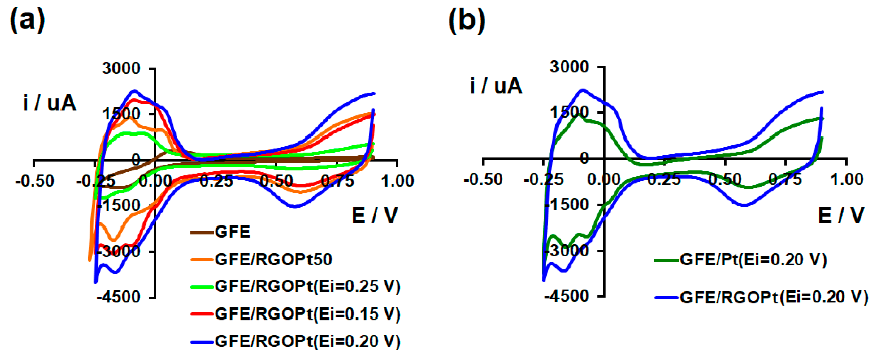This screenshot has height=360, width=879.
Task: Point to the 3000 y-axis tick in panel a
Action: [121, 69]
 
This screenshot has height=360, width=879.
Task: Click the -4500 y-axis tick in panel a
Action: [118, 297]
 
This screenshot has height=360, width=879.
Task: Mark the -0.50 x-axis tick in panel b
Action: [483, 180]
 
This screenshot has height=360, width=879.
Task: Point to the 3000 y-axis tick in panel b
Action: [569, 67]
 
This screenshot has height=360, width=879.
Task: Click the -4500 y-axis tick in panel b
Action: [567, 296]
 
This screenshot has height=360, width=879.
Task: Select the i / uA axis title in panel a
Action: [50, 103]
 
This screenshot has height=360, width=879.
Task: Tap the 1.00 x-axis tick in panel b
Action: [846, 180]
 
